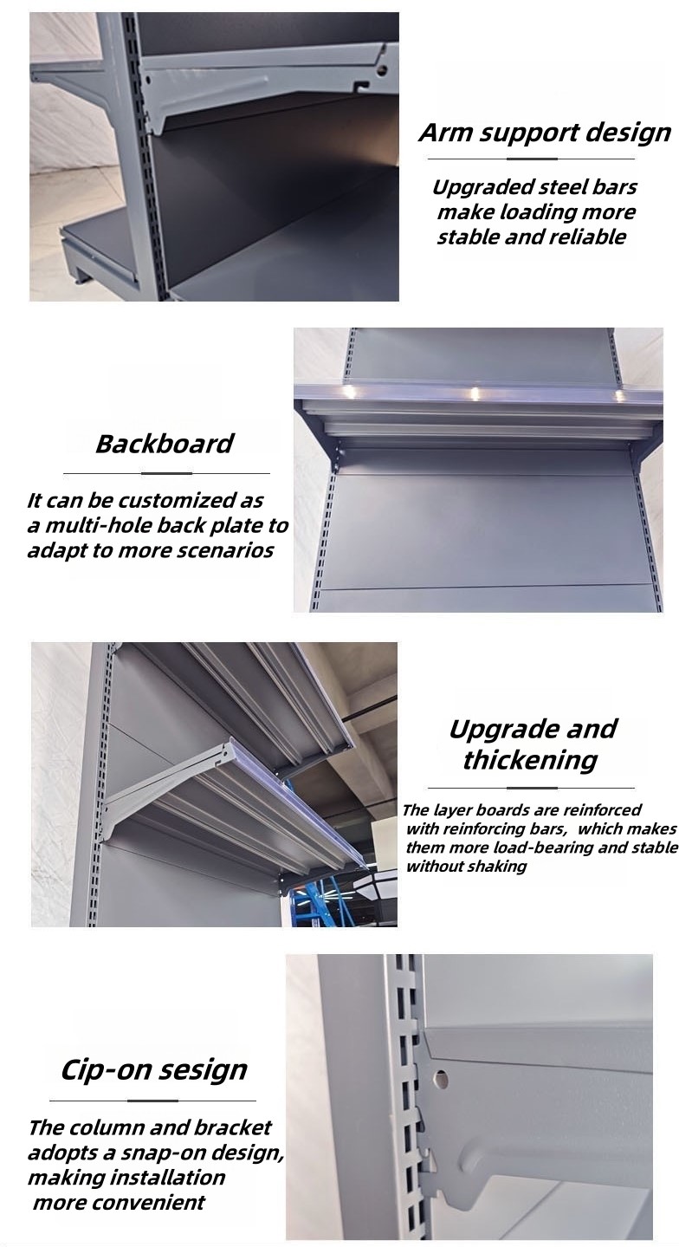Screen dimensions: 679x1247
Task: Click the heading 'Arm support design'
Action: click(544, 133)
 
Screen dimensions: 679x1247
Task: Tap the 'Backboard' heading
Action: click(165, 444)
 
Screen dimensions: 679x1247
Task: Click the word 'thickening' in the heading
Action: click(530, 760)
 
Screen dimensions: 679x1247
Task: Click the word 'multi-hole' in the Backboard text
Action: click(97, 525)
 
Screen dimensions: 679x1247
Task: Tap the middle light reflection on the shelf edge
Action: click(475, 393)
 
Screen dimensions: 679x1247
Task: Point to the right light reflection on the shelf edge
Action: click(619, 394)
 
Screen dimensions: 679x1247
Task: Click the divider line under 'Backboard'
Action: click(166, 473)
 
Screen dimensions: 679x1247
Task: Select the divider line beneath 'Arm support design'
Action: click(531, 159)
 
